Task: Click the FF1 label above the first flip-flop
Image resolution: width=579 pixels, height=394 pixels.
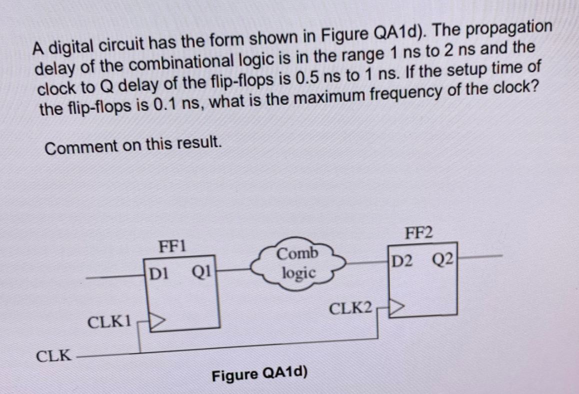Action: pyautogui.click(x=172, y=246)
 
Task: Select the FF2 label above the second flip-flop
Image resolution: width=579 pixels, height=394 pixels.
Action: pyautogui.click(x=419, y=233)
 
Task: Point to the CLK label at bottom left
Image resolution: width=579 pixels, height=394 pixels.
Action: pyautogui.click(x=53, y=356)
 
